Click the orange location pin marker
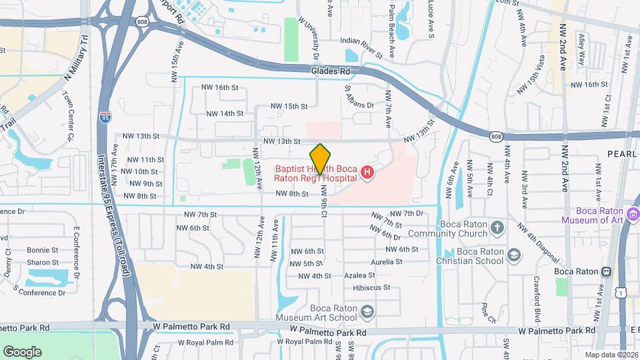tap(320, 159)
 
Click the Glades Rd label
tap(330, 71)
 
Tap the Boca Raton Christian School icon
tap(514, 255)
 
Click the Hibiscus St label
tap(371, 288)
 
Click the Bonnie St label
tap(42, 250)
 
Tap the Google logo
tap(22, 352)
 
